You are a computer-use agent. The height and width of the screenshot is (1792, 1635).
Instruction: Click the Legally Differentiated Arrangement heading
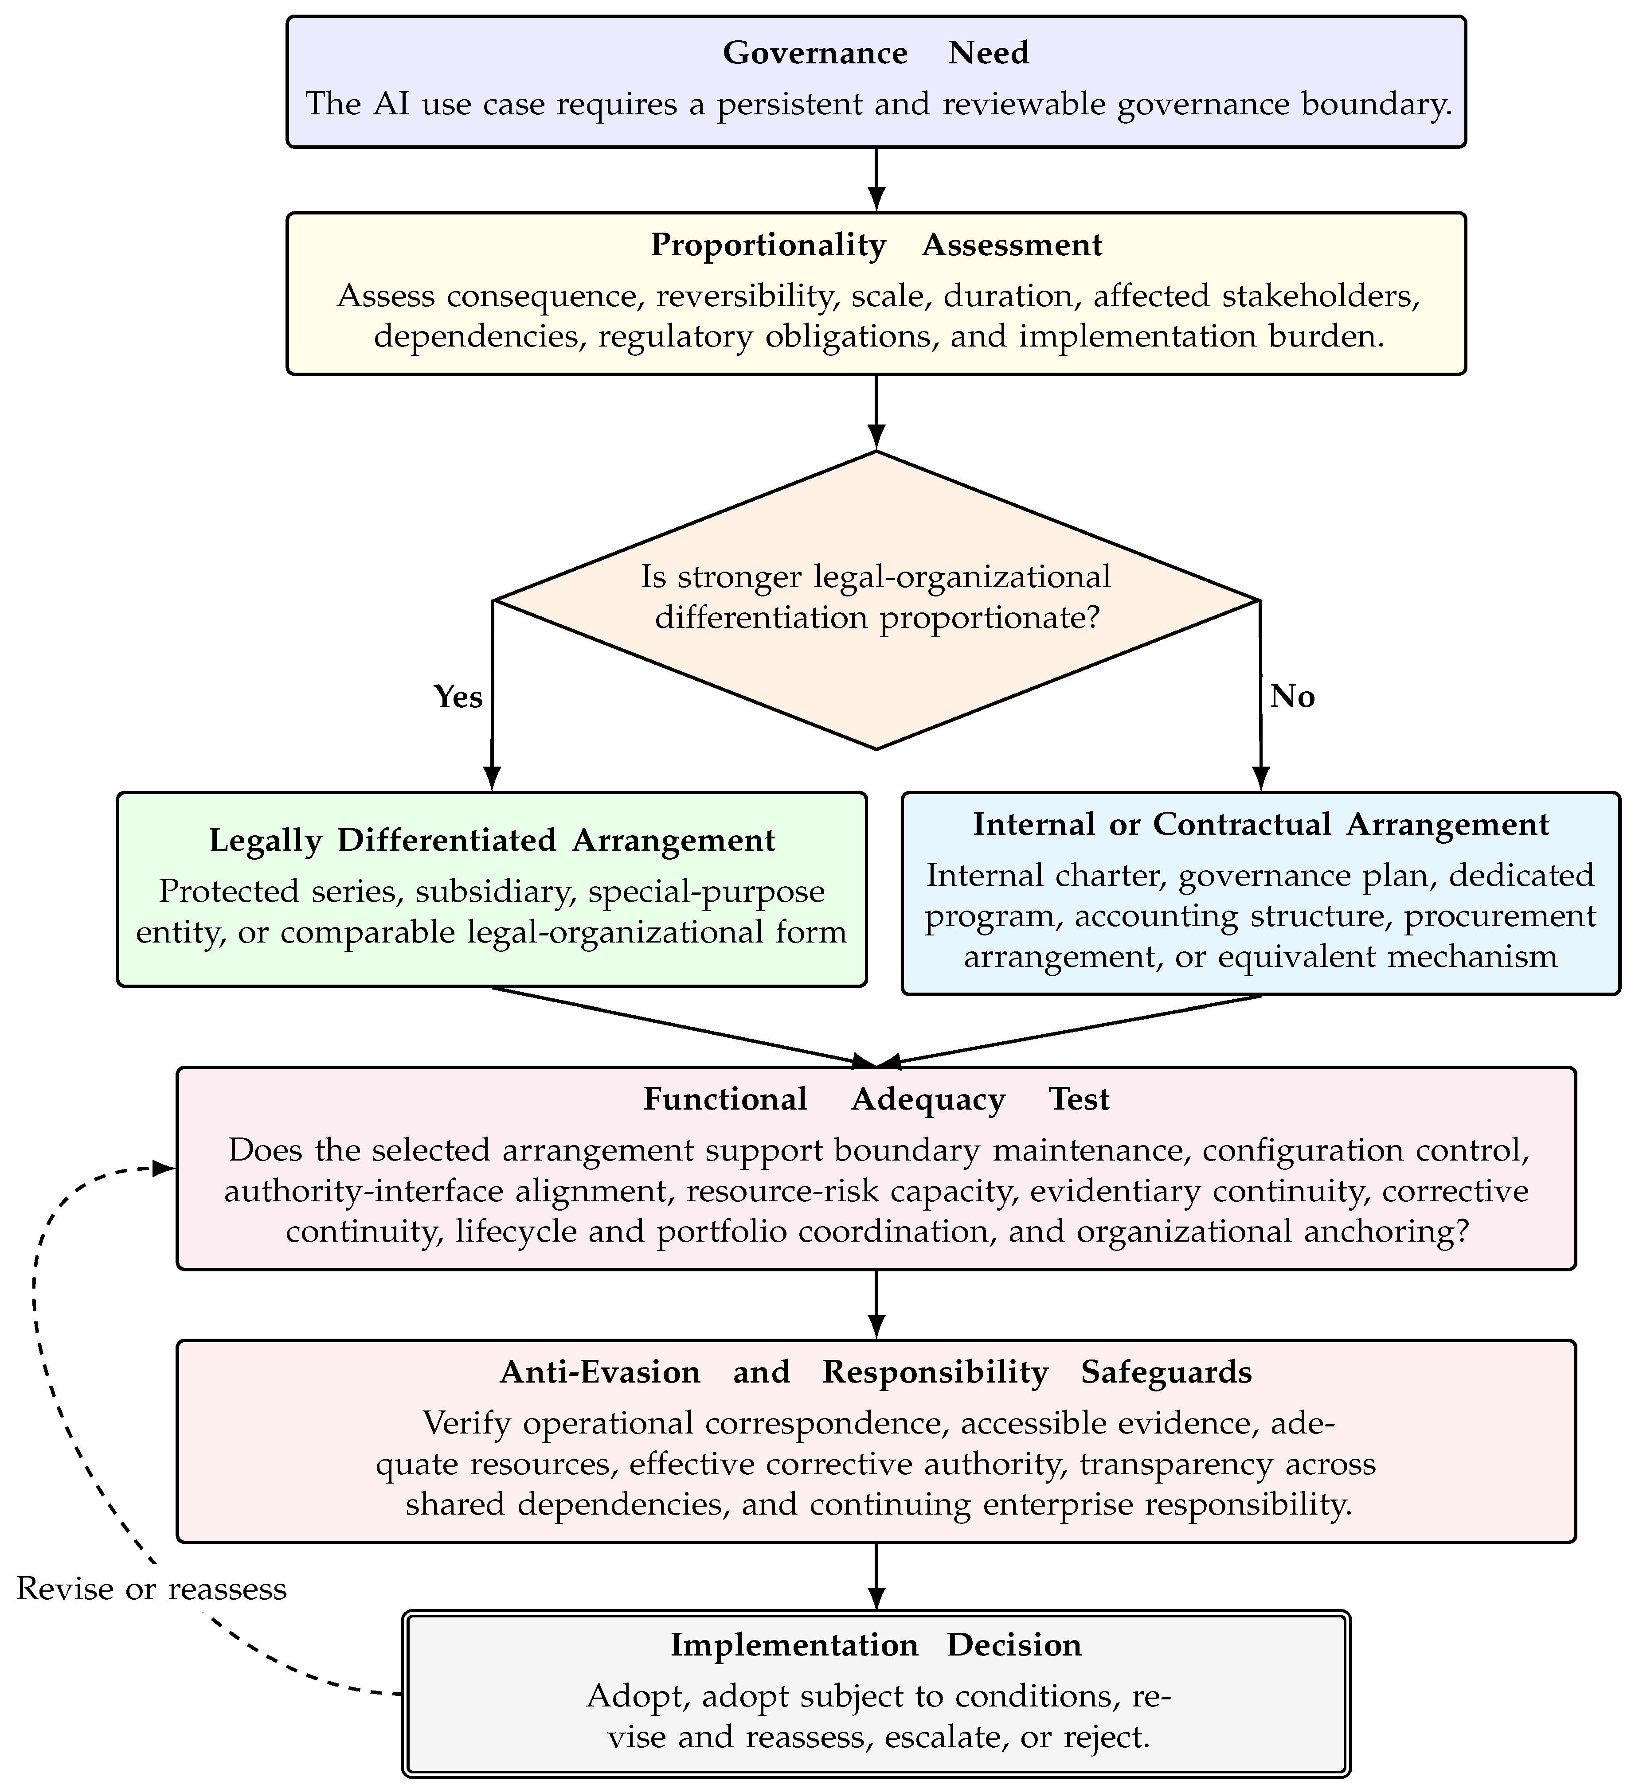(492, 840)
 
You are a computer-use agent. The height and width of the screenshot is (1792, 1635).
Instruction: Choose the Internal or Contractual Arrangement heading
(1261, 824)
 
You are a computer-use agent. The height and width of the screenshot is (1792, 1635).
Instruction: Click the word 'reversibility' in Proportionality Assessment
(749, 296)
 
